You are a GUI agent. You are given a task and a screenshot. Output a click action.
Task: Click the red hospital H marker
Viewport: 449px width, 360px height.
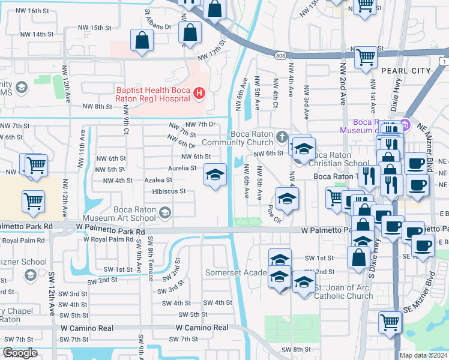tap(199, 93)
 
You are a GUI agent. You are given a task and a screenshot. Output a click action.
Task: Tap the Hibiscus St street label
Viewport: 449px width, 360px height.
tap(169, 191)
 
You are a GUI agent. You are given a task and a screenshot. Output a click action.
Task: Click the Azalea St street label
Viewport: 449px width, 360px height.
tap(158, 179)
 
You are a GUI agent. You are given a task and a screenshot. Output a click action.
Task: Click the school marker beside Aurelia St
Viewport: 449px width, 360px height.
tap(215, 175)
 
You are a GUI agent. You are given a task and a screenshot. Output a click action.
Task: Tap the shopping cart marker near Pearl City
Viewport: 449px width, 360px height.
tap(366, 58)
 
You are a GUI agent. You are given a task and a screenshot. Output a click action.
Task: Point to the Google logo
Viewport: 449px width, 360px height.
tap(20, 353)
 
